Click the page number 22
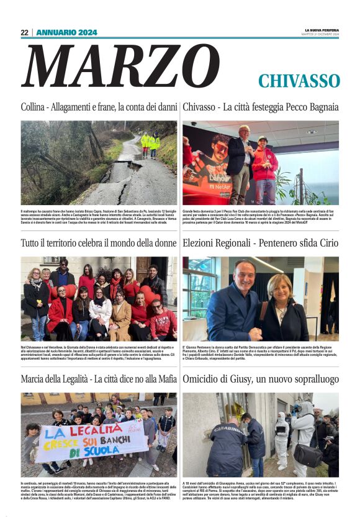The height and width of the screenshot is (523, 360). point(25,32)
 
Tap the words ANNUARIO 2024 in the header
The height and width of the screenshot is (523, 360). point(66,32)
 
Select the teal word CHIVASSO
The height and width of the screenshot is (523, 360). point(299,81)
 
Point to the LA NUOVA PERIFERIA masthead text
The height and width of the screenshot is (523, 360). point(322,30)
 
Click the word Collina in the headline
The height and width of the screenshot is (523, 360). point(32,107)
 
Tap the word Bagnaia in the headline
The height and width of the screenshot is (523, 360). point(321,107)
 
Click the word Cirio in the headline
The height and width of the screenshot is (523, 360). point(326,243)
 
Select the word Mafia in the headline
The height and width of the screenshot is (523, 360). point(163,379)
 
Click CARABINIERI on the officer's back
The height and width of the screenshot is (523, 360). point(225,428)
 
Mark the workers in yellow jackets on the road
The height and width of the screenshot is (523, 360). point(150,143)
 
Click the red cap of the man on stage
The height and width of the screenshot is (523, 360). point(262,139)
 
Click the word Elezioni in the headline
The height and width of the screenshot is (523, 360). point(200,243)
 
